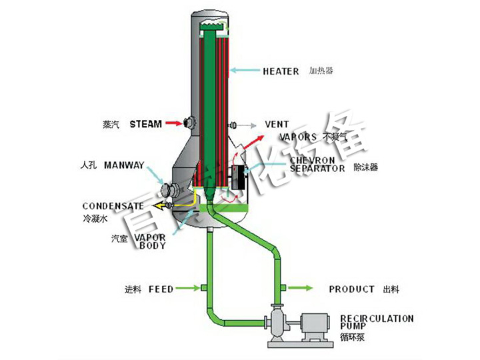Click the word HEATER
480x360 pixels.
pos(281,71)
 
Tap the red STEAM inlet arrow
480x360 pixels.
pos(173,123)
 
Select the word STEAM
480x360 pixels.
pos(145,124)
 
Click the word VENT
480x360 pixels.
pos(277,125)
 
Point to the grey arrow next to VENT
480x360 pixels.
pos(249,125)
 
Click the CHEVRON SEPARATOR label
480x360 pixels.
pos(317,164)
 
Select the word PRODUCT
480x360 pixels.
pos(351,289)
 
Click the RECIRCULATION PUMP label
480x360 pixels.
pos(376,323)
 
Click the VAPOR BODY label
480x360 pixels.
pos(152,241)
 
